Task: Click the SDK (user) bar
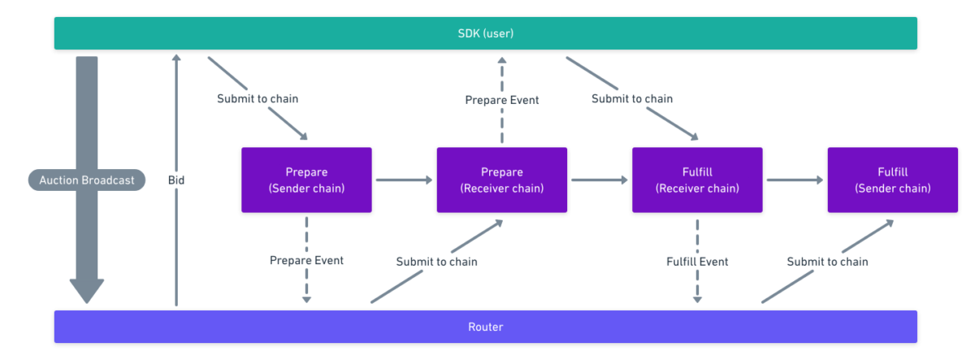[485, 33]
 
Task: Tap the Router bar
[485, 327]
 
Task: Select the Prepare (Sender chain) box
[306, 180]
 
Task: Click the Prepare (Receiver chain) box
[502, 180]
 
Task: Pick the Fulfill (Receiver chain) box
[697, 180]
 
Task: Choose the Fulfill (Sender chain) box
[893, 180]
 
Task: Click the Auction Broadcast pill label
[87, 180]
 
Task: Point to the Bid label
[176, 180]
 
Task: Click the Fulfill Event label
[697, 262]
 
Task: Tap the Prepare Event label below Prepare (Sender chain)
[306, 260]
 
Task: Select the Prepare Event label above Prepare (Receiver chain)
[502, 100]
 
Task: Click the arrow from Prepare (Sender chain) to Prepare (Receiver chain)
[404, 180]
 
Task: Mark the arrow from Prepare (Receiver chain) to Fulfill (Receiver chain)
[600, 180]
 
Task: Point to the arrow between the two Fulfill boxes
[795, 180]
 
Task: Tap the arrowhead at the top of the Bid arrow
[176, 58]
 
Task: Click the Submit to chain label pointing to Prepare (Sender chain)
[258, 99]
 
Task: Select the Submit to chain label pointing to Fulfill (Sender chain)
[827, 262]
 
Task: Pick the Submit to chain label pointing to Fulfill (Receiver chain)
[632, 99]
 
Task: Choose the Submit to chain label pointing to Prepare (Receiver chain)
[436, 262]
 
